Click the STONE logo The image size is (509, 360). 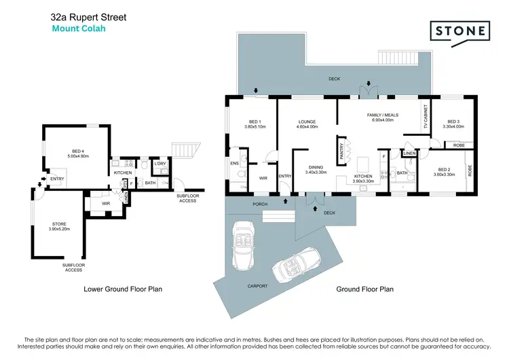click(459, 31)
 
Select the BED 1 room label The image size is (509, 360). click(255, 122)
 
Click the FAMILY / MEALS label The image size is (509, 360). click(383, 115)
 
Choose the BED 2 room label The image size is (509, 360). click(444, 170)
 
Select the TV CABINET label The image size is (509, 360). click(426, 119)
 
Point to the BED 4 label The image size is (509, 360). click(78, 151)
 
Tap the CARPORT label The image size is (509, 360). click(257, 286)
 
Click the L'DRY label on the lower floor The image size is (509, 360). click(160, 164)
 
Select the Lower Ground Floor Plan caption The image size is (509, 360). click(122, 289)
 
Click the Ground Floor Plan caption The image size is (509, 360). click(365, 289)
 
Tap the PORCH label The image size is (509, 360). click(259, 204)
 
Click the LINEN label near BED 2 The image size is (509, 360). click(409, 154)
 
